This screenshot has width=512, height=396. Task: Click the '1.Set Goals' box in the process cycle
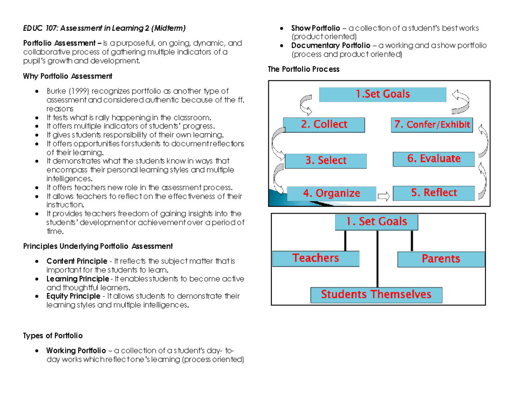click(383, 94)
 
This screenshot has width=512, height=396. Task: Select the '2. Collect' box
click(325, 125)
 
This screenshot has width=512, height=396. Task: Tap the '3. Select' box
click(326, 161)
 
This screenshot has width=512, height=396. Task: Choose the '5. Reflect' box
click(433, 193)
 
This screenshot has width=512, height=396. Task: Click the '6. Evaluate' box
click(433, 159)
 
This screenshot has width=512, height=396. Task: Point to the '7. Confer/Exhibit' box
click(432, 125)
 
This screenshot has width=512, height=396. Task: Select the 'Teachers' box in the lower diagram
click(316, 258)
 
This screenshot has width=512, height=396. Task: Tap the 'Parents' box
click(441, 259)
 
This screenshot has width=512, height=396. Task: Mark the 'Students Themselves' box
click(376, 295)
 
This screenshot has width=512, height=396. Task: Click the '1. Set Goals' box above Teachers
click(376, 222)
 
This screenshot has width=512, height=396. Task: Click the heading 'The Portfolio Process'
click(303, 69)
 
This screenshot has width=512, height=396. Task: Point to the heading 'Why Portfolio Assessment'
click(67, 76)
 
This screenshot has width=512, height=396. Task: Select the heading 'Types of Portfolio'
click(52, 335)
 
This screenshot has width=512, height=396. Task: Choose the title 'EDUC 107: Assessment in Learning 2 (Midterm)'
click(104, 29)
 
